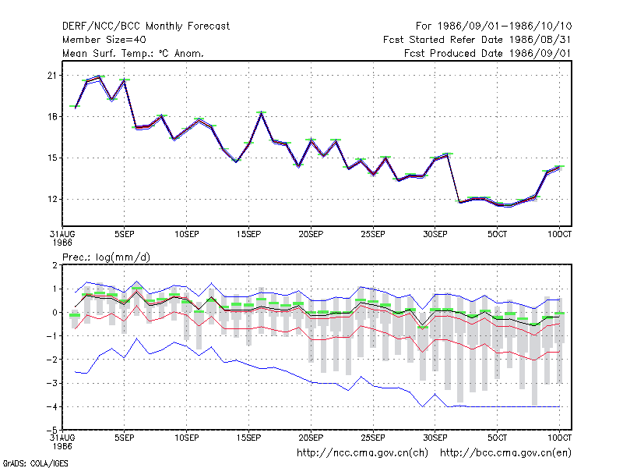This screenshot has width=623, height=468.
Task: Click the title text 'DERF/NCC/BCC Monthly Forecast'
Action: tap(146, 27)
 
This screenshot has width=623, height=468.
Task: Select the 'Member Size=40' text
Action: tap(104, 40)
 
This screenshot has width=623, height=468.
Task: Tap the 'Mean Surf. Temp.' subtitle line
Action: tap(132, 53)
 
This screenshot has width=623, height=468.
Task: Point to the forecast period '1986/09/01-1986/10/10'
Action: tap(505, 27)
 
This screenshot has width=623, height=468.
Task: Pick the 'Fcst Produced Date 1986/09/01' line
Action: tap(488, 53)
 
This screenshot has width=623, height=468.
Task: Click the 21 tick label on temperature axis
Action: tap(52, 75)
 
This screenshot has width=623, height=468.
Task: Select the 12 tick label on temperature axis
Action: tap(52, 199)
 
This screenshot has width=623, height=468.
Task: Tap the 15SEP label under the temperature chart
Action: tap(248, 234)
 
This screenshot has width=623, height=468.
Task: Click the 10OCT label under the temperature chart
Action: tap(559, 234)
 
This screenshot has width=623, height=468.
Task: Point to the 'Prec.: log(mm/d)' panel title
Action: tap(106, 257)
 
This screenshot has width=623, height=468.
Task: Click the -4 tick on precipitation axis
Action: tap(51, 406)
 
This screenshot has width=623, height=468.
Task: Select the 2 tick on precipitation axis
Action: tap(55, 265)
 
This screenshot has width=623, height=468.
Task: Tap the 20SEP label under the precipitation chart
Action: tap(311, 438)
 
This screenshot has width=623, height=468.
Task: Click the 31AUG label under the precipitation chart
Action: tap(62, 438)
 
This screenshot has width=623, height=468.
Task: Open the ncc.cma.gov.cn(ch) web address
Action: tap(363, 453)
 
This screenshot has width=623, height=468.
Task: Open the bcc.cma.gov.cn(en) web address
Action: tap(505, 453)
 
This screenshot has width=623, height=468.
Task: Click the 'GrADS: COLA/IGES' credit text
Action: tap(36, 463)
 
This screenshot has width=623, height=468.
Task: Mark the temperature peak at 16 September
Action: tap(261, 112)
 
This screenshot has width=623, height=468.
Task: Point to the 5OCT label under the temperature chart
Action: tap(497, 234)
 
